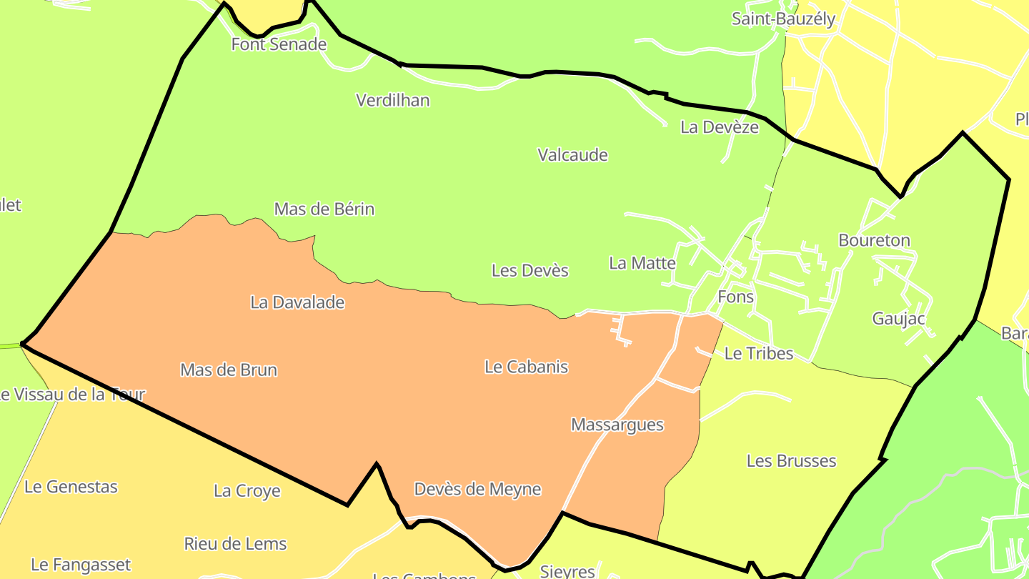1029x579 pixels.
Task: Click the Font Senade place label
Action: click(x=279, y=44)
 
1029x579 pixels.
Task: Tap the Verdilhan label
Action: click(x=393, y=100)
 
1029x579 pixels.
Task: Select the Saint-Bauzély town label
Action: click(x=783, y=19)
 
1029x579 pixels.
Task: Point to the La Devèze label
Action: click(x=720, y=127)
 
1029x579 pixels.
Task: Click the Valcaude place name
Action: click(x=572, y=155)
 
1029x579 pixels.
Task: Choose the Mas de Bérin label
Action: click(x=324, y=209)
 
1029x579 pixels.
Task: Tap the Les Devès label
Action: click(x=530, y=271)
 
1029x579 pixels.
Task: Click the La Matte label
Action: click(x=642, y=263)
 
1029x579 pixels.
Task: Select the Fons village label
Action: click(x=735, y=297)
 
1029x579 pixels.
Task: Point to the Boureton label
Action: click(x=875, y=240)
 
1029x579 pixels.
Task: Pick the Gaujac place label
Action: click(x=898, y=319)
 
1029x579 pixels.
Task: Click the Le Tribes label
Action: click(x=759, y=353)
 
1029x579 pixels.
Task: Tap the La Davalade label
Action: click(x=297, y=302)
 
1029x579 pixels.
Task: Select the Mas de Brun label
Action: click(x=229, y=370)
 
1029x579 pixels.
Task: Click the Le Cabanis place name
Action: click(x=526, y=367)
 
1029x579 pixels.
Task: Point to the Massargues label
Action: click(x=617, y=425)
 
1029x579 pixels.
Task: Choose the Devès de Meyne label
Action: click(x=477, y=490)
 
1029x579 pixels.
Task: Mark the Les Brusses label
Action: click(x=791, y=461)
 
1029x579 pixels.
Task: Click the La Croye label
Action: click(x=247, y=491)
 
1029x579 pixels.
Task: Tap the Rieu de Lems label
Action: click(x=235, y=544)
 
